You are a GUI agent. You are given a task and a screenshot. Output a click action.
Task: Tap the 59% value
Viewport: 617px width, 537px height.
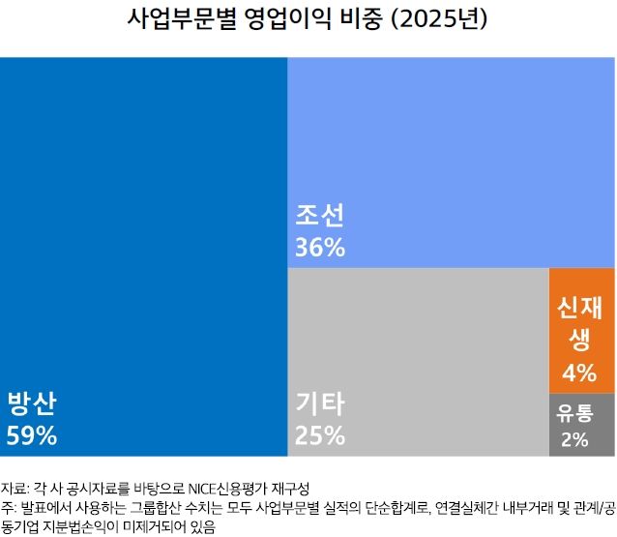click(32, 435)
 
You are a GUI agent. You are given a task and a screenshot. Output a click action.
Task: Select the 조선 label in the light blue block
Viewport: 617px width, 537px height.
click(320, 215)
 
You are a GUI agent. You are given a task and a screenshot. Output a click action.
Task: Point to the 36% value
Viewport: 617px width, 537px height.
click(320, 248)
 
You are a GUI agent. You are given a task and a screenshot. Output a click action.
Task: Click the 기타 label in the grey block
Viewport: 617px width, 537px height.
click(320, 403)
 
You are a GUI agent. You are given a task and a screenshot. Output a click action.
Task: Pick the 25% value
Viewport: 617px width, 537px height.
click(320, 435)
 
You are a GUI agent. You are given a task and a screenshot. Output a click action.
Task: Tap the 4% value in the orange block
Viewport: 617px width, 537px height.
click(578, 373)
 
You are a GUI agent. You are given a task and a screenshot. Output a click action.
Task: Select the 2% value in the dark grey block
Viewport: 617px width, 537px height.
click(574, 439)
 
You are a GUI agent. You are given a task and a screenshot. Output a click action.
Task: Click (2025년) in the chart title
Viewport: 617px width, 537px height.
click(440, 19)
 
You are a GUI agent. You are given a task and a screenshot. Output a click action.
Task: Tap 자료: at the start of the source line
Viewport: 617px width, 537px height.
click(15, 486)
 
